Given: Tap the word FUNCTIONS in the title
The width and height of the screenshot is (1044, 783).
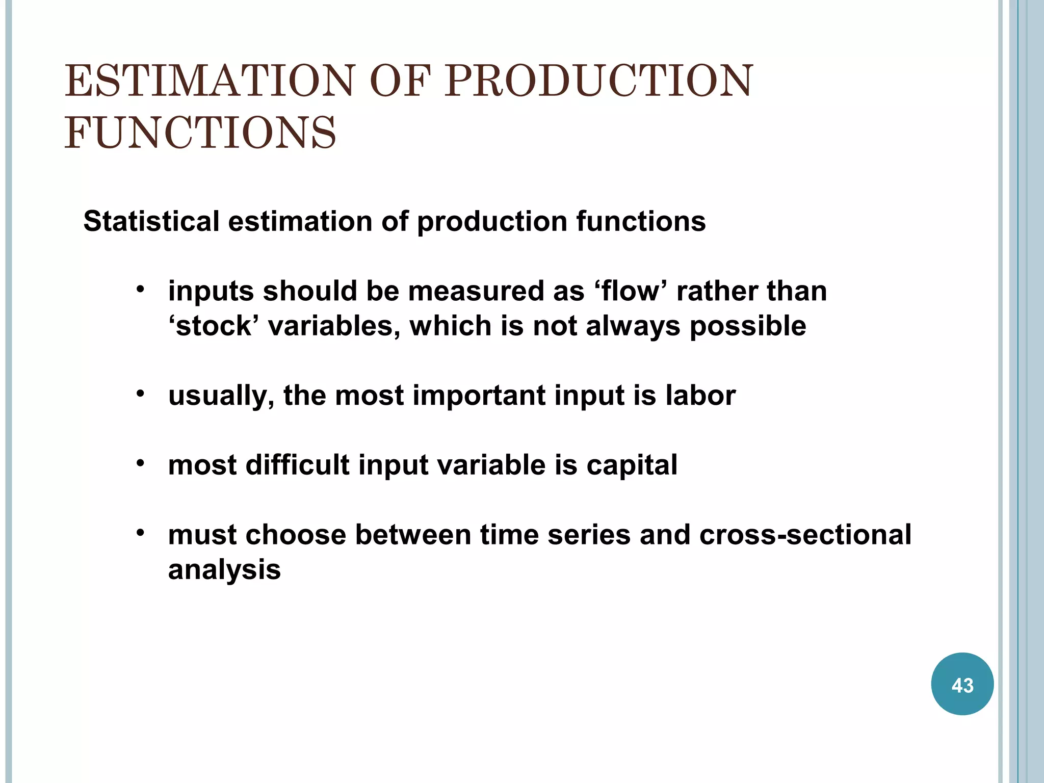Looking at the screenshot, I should point(200,133).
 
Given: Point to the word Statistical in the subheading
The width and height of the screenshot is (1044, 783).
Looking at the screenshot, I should point(151,221).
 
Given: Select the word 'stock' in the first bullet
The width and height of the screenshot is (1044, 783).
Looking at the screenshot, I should point(214,326).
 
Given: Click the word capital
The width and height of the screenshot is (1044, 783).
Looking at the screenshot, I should point(632,465).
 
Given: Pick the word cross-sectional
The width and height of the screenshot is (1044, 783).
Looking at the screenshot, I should point(805,535).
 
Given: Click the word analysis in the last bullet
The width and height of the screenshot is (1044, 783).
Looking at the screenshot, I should point(224,569).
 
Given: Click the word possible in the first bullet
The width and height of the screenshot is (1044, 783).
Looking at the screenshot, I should point(748,326).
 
